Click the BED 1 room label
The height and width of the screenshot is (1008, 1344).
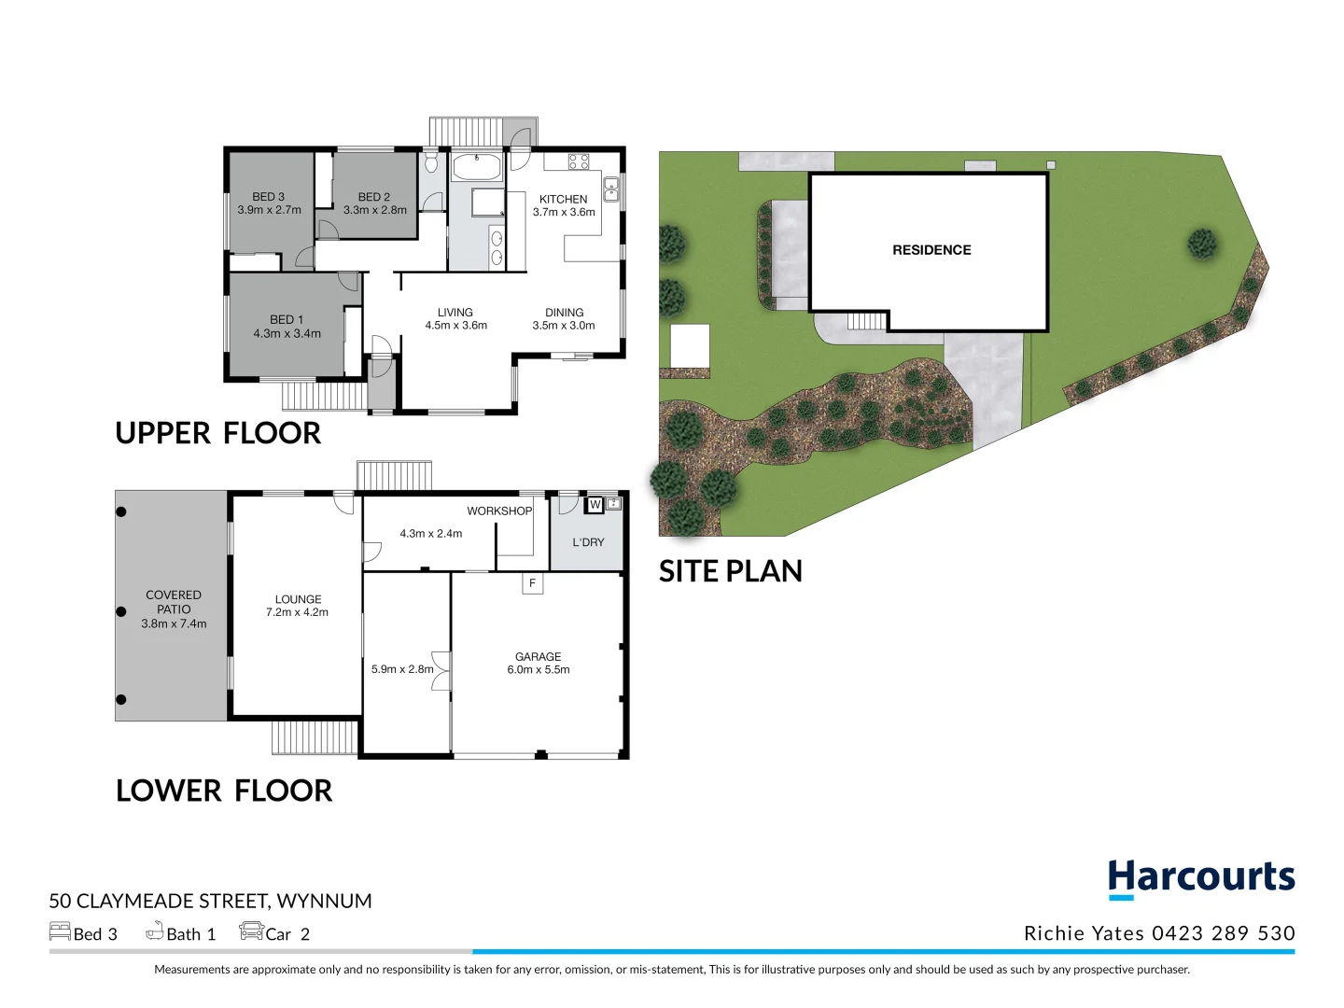click(x=287, y=319)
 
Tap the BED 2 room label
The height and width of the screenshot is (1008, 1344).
click(x=374, y=197)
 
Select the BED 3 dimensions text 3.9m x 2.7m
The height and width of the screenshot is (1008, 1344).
click(x=269, y=210)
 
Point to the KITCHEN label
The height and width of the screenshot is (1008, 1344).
click(x=563, y=199)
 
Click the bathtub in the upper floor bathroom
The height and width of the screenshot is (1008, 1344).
click(x=476, y=168)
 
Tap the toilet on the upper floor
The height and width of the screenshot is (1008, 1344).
click(x=430, y=163)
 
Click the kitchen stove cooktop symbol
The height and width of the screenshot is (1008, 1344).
click(x=579, y=161)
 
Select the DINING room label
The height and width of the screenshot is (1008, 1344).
click(x=564, y=313)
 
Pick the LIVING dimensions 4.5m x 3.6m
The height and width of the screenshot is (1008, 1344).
click(x=455, y=326)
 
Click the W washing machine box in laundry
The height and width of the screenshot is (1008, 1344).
click(x=595, y=505)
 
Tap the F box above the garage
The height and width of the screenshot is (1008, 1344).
click(x=532, y=583)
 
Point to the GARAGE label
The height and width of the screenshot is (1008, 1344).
click(x=538, y=656)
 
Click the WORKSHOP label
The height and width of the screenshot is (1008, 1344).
click(x=499, y=511)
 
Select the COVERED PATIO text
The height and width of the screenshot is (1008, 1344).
click(x=174, y=602)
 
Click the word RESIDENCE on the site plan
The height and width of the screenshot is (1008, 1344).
click(x=931, y=250)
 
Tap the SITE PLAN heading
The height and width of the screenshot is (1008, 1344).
click(x=730, y=571)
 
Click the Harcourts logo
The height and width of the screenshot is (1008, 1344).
click(x=1201, y=878)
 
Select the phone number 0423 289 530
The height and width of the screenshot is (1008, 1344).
click(x=1223, y=933)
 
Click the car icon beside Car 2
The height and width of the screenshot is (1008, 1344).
click(x=251, y=931)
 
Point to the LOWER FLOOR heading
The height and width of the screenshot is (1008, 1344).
click(x=224, y=791)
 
